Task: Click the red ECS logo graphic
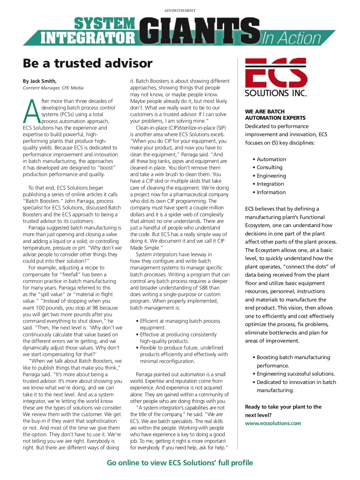276,73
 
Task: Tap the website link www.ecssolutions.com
273,423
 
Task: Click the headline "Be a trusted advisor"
88,63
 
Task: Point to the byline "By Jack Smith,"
40,81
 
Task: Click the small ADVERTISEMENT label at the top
180,10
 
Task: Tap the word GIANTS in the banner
199,31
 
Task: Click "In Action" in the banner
291,38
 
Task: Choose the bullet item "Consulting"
269,167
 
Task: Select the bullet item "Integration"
270,184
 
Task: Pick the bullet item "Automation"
271,159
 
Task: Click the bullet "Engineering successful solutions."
295,374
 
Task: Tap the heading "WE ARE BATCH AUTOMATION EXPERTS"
275,115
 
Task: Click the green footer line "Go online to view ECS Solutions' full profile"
180,463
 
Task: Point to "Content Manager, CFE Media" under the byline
53,88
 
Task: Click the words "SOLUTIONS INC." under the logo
276,93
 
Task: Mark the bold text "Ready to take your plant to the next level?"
283,411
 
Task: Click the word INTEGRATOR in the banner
88,38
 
